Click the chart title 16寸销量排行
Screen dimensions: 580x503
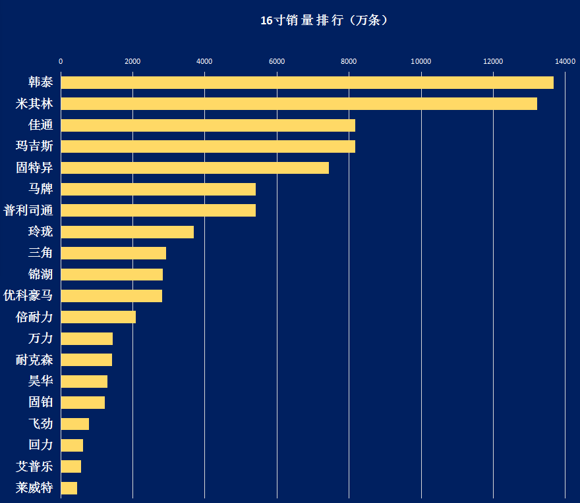pos(302,20)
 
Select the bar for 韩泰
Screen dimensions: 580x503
pos(307,82)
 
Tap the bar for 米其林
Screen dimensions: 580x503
pos(299,103)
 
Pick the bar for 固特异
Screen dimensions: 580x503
pos(195,168)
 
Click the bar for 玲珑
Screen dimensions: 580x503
pos(127,232)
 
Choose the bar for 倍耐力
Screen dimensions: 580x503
pos(98,317)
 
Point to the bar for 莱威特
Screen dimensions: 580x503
pos(69,488)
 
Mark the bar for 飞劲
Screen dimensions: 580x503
pos(75,424)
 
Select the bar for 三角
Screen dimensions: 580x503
pos(113,253)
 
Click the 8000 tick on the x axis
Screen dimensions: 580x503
pos(349,61)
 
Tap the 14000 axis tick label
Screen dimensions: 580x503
pos(565,61)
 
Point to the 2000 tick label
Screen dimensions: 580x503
pos(132,61)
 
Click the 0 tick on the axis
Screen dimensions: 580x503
pos(61,61)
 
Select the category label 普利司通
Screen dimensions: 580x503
pos(28,210)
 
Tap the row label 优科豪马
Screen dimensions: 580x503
pos(28,296)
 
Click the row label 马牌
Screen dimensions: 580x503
pos(41,189)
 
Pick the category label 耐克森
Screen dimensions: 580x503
pos(34,359)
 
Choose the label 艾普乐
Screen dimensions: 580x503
pos(34,466)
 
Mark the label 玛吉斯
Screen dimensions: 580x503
pos(34,146)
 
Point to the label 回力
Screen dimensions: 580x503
pos(41,445)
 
